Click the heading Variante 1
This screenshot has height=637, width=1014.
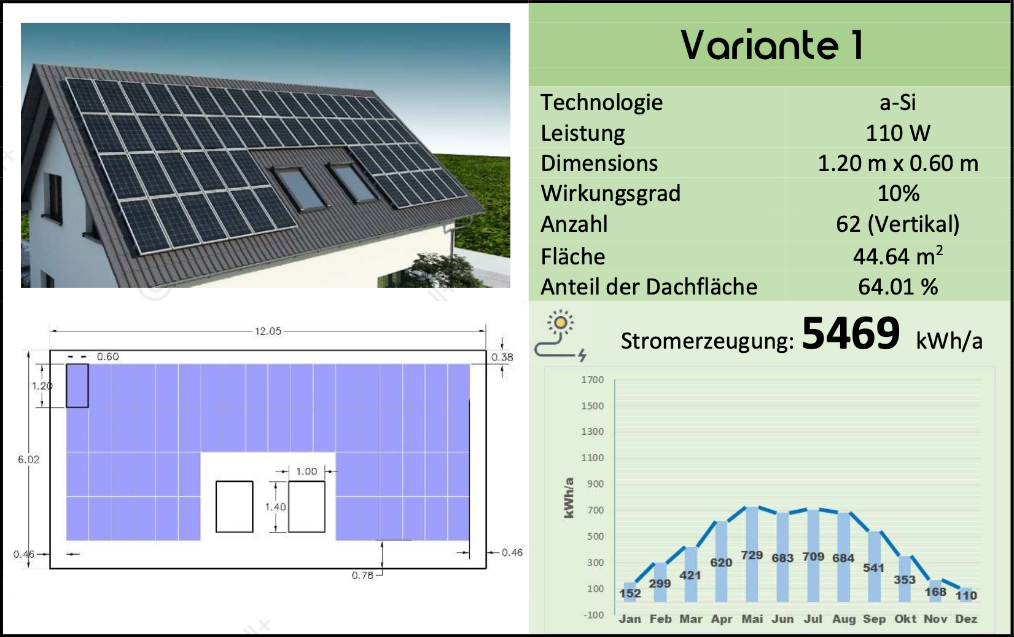point(772,45)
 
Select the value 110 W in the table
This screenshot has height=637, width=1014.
point(898,133)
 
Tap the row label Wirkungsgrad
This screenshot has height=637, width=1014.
point(610,194)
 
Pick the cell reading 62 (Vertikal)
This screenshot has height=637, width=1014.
point(898,224)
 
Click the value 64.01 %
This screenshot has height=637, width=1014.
point(898,287)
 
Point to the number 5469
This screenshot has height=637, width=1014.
point(851,333)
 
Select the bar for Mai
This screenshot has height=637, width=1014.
point(752,554)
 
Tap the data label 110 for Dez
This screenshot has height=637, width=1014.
point(966,595)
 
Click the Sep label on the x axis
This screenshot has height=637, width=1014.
point(874,619)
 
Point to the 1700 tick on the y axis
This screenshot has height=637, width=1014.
point(593,379)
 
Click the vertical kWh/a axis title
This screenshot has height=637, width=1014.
point(569,498)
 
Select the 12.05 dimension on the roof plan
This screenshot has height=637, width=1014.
point(268,331)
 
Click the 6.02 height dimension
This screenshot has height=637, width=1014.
point(28,459)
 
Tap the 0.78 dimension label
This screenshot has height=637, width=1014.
point(362,576)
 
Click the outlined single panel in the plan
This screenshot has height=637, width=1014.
point(77,386)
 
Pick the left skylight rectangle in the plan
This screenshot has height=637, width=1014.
point(234,507)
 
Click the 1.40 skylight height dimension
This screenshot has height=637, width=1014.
point(275,507)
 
